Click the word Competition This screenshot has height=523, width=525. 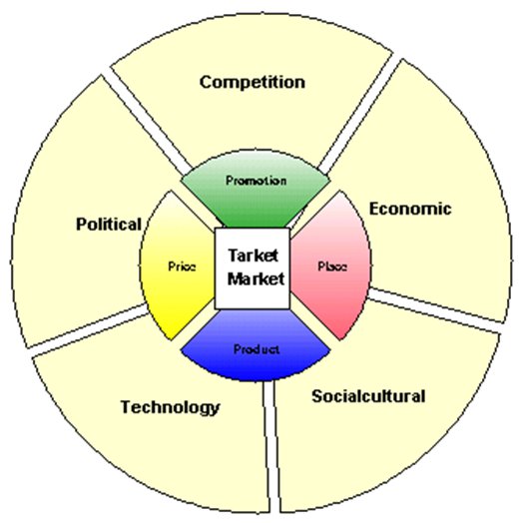pos(253,83)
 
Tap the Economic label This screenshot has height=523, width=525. pos(410,209)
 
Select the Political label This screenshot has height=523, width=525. pos(109,225)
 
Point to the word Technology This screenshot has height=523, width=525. pos(170,408)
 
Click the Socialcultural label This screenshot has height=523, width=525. pos(368,396)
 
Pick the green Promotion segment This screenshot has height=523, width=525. pos(256,190)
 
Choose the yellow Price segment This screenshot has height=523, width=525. pos(177,265)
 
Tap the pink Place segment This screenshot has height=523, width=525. pos(330,265)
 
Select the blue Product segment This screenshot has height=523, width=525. pos(256,345)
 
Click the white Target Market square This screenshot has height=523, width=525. pos(253,268)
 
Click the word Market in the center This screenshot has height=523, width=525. pos(256,279)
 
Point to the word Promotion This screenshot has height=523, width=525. pos(257,181)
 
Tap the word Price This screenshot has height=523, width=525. pos(182,266)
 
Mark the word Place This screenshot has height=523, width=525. pos(332,266)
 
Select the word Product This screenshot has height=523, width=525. pos(257,349)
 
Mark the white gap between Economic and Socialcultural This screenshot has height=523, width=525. pos(435,310)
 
